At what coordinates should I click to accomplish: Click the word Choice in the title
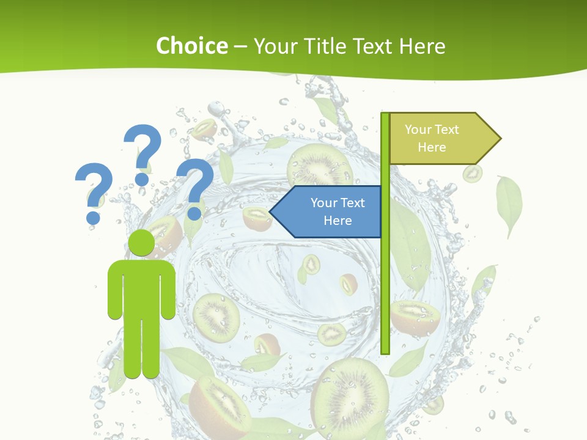coord(191,46)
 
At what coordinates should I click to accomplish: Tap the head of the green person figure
coord(141,243)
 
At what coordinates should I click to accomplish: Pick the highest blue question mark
coord(142,153)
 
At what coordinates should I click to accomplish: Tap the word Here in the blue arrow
coord(338,221)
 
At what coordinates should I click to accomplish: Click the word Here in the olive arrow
coord(432,147)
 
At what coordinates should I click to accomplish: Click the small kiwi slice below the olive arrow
coord(472,174)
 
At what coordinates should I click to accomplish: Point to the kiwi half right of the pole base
coord(415,317)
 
